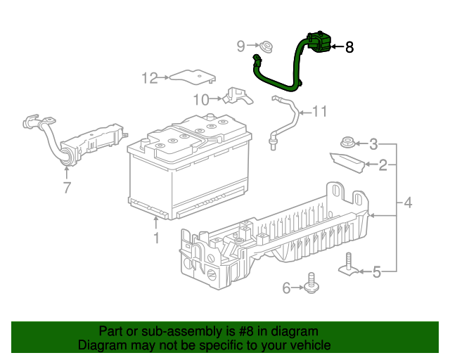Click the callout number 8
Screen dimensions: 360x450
coord(349,48)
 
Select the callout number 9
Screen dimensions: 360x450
coord(240,46)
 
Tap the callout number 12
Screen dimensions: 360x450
coord(150,78)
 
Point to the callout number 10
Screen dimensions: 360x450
coord(202,98)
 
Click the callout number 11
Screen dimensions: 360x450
coord(320,111)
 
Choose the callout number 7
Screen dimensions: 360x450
coord(67,187)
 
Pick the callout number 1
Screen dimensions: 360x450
coord(156,238)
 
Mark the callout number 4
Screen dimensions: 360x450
coord(407,205)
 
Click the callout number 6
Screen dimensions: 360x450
coord(286,288)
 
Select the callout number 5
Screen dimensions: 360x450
coord(376,271)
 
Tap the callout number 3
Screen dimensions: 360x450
coord(373,145)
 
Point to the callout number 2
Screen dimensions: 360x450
coord(382,165)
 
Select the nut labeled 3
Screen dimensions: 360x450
coord(347,141)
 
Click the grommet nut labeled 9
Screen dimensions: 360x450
coord(266,48)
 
